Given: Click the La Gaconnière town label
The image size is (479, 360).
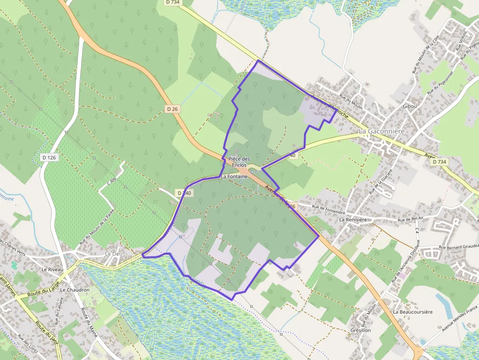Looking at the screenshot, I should tap(382, 131).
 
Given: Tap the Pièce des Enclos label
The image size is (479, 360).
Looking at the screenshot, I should tap(239, 162).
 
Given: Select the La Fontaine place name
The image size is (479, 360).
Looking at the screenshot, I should tap(235, 176).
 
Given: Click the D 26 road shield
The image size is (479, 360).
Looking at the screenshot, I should tap(172, 109).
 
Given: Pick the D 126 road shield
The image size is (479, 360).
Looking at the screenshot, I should tap(49, 157).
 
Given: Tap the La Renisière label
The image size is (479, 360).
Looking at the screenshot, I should tap(353, 220).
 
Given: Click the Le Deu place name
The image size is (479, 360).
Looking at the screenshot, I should tap(113, 254).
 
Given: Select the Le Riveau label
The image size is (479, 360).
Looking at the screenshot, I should tap(50, 269).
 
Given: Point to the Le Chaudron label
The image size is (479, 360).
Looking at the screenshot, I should tap(75, 290).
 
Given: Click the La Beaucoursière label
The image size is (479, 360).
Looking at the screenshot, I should tap(413, 312).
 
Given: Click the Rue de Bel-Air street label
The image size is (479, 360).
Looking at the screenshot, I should tap(410, 220).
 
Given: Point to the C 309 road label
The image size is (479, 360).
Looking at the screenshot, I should tap(112, 183).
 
